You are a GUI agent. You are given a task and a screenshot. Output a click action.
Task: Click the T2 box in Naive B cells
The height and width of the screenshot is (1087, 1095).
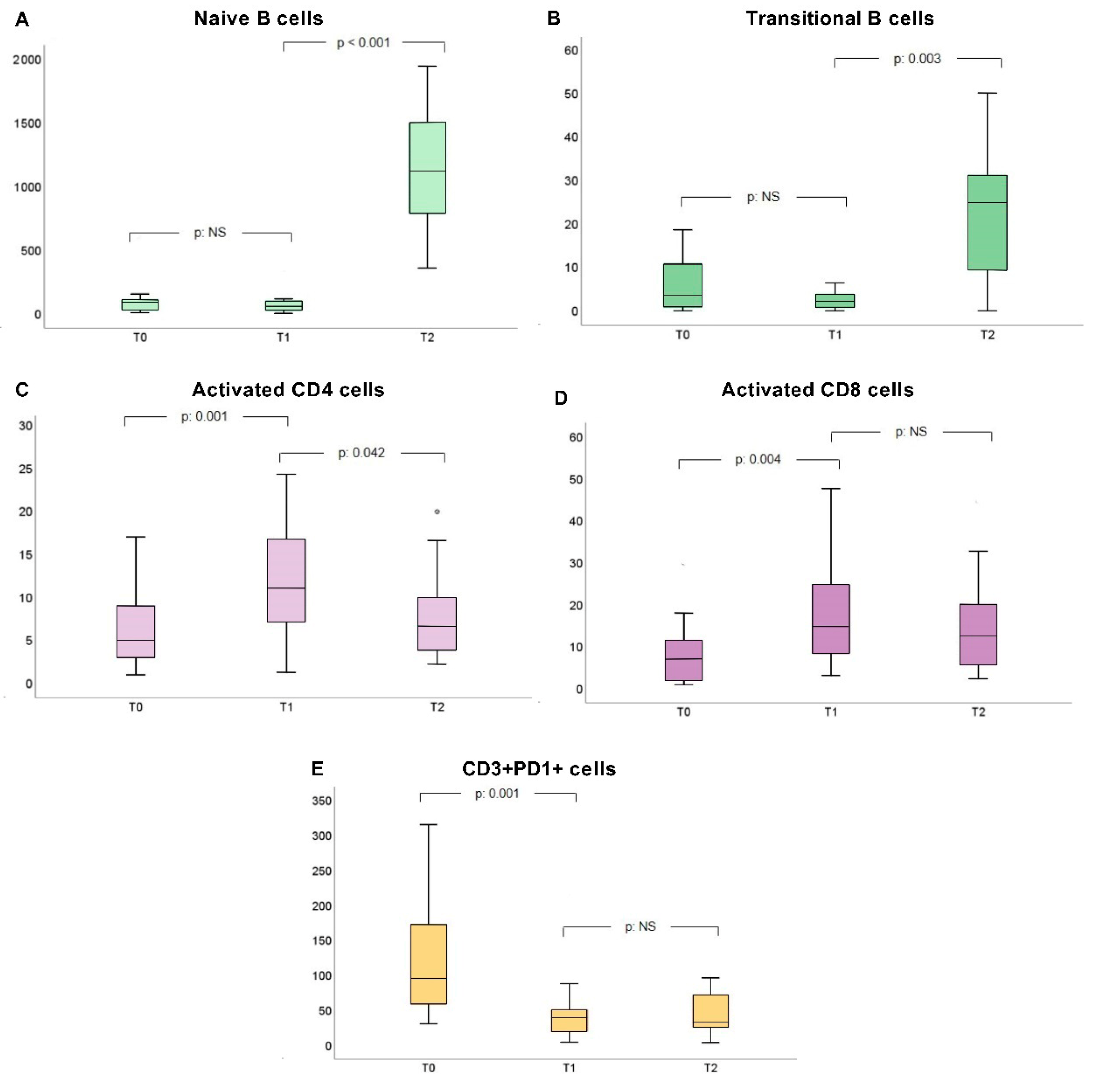click(427, 168)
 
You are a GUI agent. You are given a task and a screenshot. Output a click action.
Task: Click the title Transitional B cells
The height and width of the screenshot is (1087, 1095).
click(839, 19)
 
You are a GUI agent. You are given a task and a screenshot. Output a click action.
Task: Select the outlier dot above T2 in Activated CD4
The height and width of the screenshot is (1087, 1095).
click(437, 511)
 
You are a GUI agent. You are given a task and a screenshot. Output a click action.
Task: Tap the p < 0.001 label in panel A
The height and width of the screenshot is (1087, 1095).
click(363, 43)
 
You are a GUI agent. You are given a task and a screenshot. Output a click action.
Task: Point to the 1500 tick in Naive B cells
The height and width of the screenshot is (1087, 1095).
click(27, 124)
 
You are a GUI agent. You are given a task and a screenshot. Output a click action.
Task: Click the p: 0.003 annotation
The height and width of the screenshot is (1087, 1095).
click(917, 59)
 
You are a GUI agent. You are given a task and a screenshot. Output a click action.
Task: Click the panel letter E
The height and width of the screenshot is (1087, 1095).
click(317, 769)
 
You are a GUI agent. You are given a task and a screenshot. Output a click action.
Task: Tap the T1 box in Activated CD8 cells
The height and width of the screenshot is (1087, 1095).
click(831, 619)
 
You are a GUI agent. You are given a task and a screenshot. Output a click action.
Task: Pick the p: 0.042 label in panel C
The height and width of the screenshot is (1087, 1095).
click(362, 453)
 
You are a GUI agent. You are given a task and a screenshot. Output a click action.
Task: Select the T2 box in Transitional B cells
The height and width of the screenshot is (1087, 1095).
click(987, 223)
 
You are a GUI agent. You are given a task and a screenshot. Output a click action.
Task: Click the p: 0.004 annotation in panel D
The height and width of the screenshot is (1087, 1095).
click(758, 459)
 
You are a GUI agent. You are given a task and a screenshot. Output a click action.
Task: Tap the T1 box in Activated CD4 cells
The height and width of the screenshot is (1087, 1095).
click(286, 580)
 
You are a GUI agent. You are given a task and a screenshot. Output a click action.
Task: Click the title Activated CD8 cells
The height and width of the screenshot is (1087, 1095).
click(817, 390)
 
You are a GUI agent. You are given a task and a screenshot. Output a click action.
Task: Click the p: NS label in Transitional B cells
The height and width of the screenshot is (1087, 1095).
click(763, 197)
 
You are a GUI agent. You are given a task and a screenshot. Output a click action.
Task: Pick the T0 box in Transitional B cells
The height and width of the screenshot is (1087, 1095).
click(683, 285)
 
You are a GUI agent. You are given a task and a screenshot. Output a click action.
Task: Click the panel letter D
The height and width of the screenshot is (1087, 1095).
click(561, 398)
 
